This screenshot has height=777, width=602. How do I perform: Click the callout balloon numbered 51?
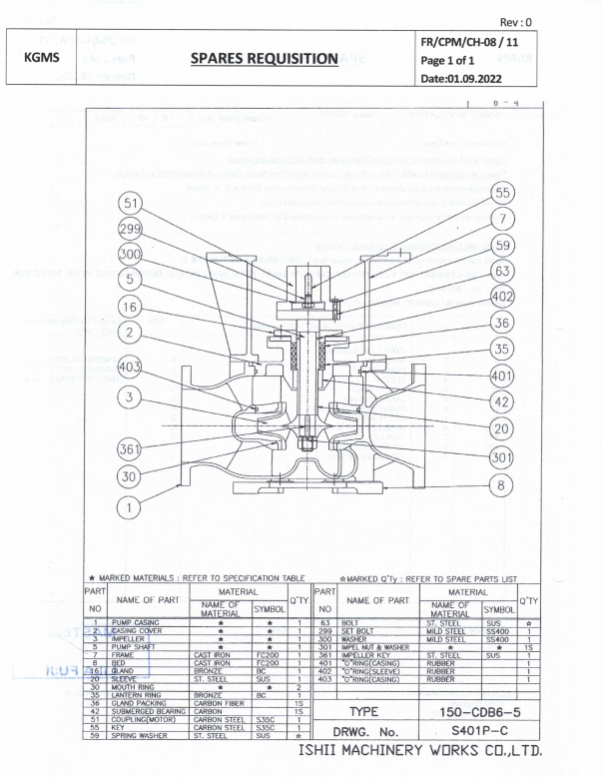(131, 203)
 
